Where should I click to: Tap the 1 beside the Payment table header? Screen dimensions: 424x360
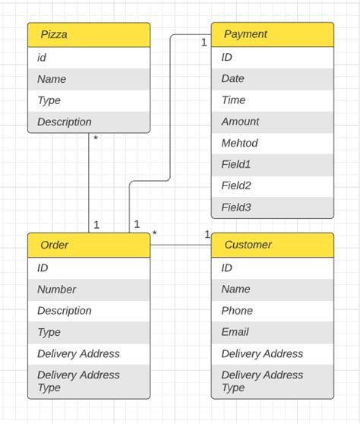(204, 43)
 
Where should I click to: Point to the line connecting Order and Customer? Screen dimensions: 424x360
(181, 245)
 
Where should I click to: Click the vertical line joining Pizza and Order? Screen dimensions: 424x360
(90, 182)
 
